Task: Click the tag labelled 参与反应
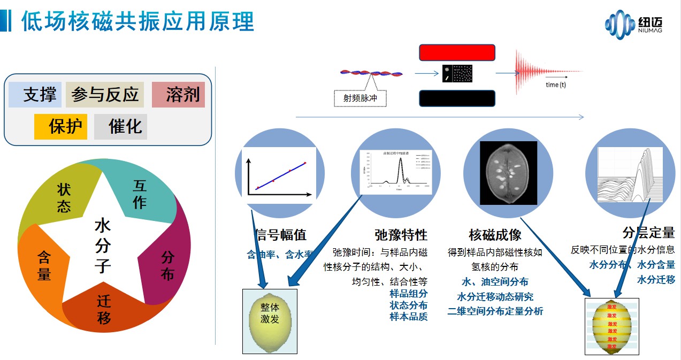coord(105,95)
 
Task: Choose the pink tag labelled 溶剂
coord(179,95)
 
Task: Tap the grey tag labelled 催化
coord(121,127)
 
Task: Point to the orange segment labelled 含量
coord(44,266)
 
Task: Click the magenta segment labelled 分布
coord(168,266)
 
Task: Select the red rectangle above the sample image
coord(457,52)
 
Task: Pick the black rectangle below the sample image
coord(457,99)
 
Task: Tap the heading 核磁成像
coord(495,235)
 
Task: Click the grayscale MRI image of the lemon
coord(508,173)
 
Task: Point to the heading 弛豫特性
coord(401,235)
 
